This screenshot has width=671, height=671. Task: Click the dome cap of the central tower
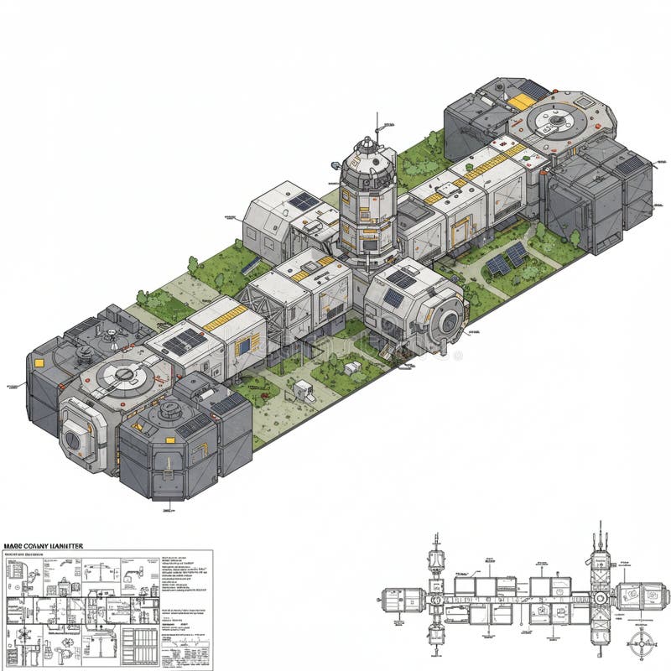[369, 149]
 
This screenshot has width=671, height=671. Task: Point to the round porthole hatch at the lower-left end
[75, 431]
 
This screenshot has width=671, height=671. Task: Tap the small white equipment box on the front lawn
[302, 388]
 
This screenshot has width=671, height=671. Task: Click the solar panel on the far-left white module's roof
[182, 340]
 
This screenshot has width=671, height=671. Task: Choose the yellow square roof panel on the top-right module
[521, 101]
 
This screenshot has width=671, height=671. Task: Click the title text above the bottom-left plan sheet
[44, 546]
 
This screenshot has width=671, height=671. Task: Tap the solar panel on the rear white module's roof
[303, 201]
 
